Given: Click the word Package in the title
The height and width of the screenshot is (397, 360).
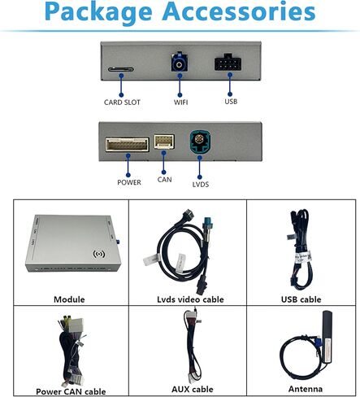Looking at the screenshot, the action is pos(98,12).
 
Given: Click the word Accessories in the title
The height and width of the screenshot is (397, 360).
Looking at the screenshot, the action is pos(239,11).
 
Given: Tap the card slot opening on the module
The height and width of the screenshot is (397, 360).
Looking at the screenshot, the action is pos(121,69).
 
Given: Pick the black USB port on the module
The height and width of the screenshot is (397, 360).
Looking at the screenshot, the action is pos(228,63).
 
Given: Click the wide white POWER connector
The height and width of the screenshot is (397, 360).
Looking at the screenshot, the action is pos(128,145).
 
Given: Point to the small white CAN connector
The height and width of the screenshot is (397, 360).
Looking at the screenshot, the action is pos(164,141).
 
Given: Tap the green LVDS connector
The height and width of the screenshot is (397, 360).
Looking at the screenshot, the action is pos(200,142).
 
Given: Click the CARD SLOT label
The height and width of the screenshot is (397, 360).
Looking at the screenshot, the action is pos(122,103).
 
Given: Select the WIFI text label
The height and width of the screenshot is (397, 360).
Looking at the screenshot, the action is pos(180,103).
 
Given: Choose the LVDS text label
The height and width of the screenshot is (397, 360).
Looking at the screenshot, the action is pos(201,185).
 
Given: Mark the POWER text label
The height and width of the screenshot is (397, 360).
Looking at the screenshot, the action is pos(129,182).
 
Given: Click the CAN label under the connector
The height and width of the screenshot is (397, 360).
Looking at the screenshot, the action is pos(164,180).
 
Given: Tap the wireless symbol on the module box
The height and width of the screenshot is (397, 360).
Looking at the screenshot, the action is pos(99,254).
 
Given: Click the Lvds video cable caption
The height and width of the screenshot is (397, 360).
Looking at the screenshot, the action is pos(190,299).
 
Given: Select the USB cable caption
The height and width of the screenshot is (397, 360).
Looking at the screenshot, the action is pos(301,299).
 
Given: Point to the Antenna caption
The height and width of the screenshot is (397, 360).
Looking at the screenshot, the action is pos(306,389).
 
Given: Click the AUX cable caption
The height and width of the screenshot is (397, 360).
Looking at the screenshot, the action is pos(193,389).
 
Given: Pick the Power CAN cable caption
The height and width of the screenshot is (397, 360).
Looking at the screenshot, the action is pos(71,391).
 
